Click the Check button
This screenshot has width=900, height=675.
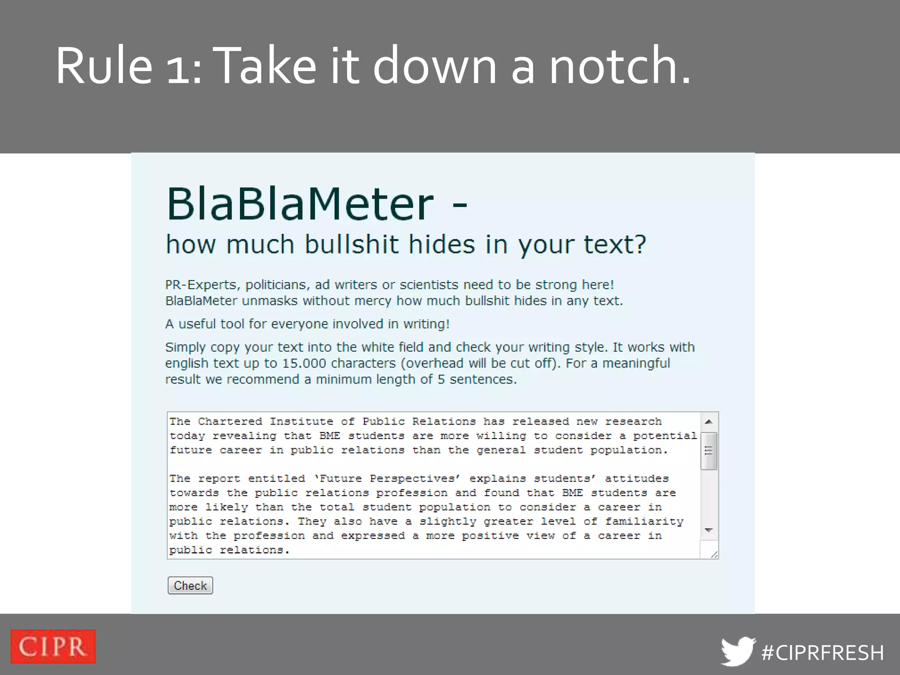pos(190,585)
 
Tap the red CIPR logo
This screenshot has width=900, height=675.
pos(53,646)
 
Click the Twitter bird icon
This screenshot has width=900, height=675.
pos(738,651)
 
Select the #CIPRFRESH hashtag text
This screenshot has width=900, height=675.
pos(823,653)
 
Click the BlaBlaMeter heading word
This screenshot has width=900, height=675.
pos(300,204)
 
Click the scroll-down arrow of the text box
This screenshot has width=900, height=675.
pos(708,530)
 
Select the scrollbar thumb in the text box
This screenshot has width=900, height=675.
pos(708,451)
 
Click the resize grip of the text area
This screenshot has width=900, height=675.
pos(714,555)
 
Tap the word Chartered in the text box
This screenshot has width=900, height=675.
pos(230,421)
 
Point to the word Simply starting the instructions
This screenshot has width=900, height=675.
pos(185,347)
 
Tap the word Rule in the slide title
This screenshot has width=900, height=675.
pos(104,66)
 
